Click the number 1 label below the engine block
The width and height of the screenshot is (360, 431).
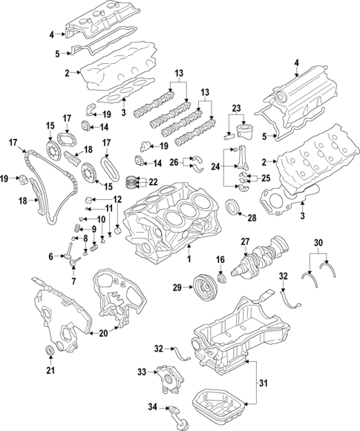188,259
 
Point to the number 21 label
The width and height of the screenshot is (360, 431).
50,371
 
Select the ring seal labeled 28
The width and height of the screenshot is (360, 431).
232,206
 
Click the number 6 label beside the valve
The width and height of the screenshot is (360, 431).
51,256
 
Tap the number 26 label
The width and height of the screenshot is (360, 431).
174,162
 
